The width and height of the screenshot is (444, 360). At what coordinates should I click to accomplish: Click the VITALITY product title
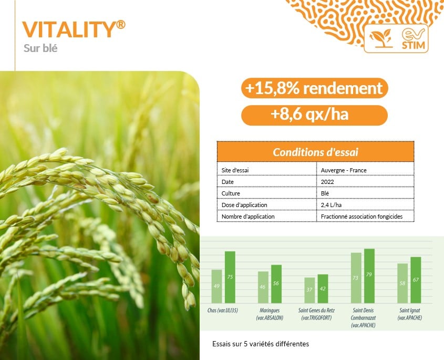pos(74,29)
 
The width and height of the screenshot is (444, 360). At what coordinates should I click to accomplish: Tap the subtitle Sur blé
pos(40,48)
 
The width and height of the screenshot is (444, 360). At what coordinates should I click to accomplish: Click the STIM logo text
pos(414,45)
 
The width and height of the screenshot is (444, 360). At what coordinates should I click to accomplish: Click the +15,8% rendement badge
pos(314,88)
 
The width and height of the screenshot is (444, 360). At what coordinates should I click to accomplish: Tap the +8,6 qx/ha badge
pos(314,115)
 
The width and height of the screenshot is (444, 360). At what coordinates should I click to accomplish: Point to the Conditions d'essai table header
pos(315,152)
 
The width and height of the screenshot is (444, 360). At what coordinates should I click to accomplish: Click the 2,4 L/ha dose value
pos(331,205)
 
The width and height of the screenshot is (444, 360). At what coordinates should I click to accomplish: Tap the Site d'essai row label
pos(235,170)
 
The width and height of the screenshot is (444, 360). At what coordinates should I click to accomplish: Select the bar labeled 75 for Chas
pos(230,277)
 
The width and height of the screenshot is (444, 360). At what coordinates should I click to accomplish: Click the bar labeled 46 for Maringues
pos(263,287)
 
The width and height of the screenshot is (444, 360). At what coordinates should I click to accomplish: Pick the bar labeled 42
pos(323,289)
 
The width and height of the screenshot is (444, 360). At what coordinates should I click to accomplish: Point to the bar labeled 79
pos(369,276)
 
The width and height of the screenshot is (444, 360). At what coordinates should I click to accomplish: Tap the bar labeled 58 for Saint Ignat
pos(402,283)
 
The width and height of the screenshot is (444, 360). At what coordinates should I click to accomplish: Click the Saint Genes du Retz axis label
pos(316,314)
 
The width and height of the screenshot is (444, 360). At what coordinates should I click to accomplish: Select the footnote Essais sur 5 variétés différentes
pos(261,344)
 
